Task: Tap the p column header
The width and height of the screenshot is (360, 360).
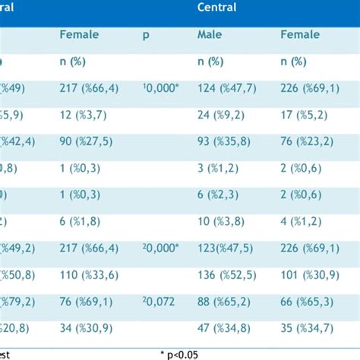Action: [146, 34]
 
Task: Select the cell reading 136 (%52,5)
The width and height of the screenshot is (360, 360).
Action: [227, 273]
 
